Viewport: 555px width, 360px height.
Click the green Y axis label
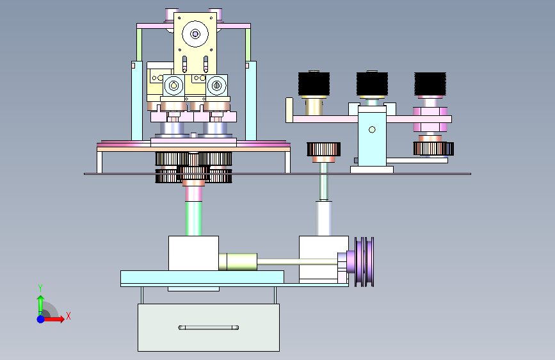(40, 288)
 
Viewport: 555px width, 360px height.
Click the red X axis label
(68, 316)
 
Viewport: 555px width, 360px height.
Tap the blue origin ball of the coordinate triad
(41, 319)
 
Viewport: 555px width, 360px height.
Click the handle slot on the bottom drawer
(209, 327)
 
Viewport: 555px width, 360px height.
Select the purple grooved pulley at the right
(364, 262)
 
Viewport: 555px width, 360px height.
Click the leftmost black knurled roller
(314, 84)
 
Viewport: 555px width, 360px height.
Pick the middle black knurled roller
(372, 84)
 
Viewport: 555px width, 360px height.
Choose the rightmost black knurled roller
(430, 84)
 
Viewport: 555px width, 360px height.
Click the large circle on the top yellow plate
(195, 34)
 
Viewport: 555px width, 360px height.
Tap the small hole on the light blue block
(372, 129)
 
